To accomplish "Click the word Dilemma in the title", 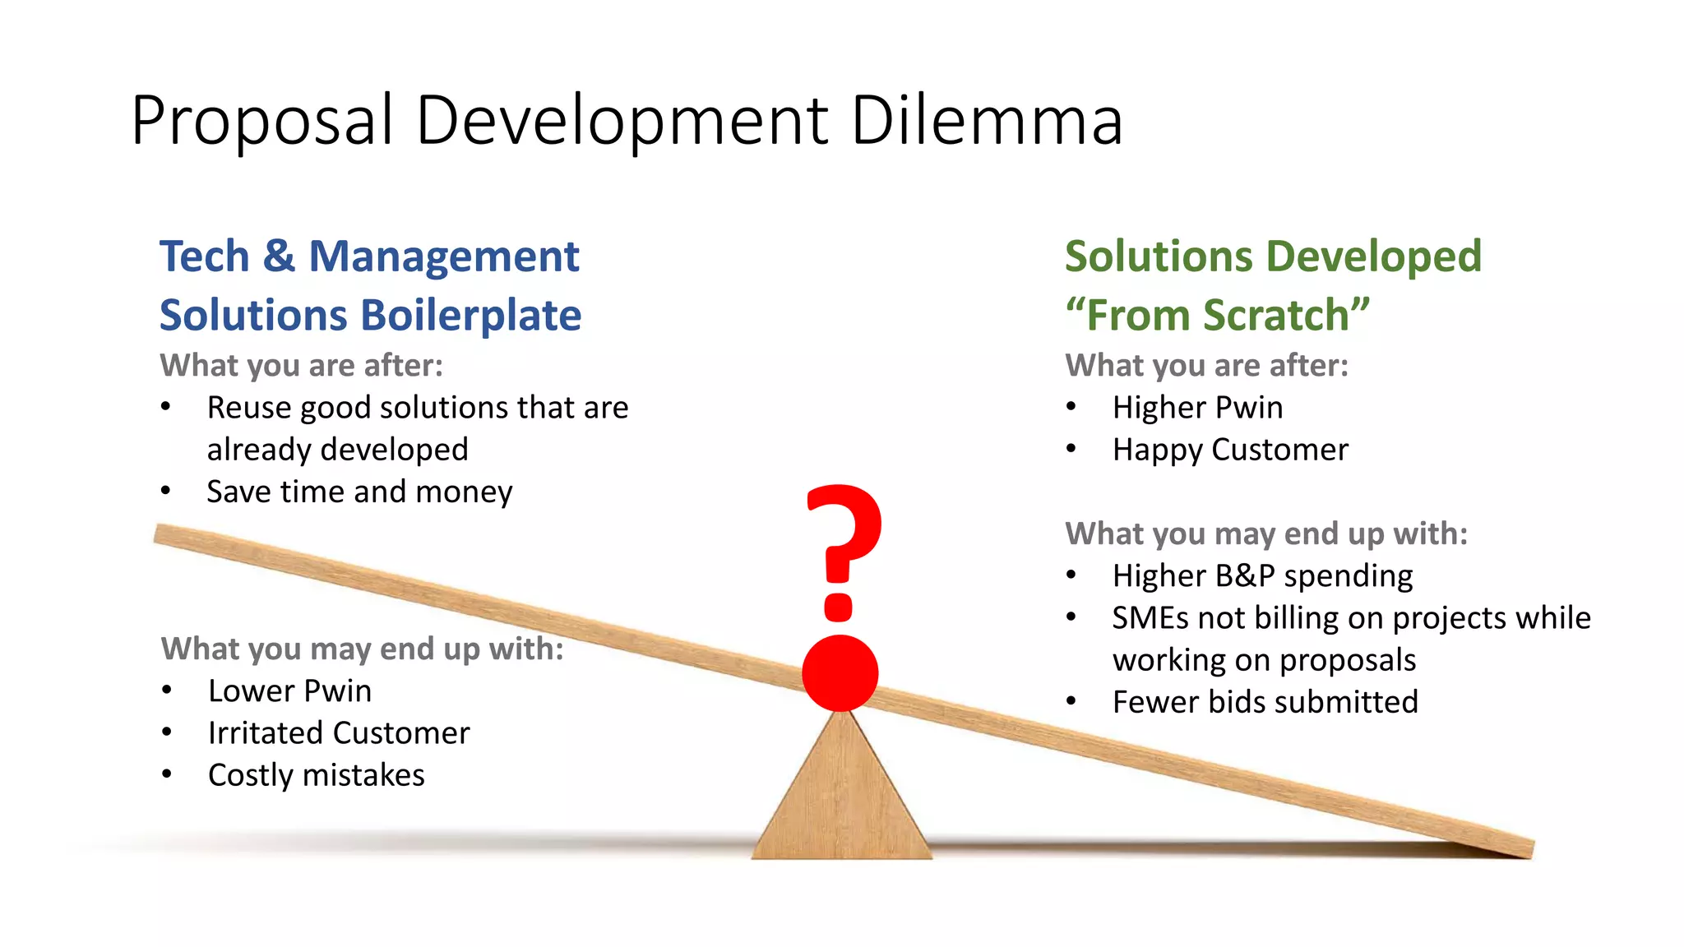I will (987, 121).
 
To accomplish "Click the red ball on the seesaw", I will (840, 672).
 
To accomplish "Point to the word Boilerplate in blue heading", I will (470, 316).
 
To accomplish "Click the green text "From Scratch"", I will (1218, 316).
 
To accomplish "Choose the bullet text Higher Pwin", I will (1196, 408).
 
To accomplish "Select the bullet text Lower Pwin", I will (289, 691).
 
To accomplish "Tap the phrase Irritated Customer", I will (339, 733).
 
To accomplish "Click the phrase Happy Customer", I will (1230, 450).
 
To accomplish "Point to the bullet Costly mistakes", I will (316, 775).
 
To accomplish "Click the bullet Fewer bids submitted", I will (1265, 702).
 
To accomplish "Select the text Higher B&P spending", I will (1262, 576).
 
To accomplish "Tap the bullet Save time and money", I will (359, 492).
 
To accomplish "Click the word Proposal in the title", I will (261, 121).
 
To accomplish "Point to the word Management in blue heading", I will (444, 256).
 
